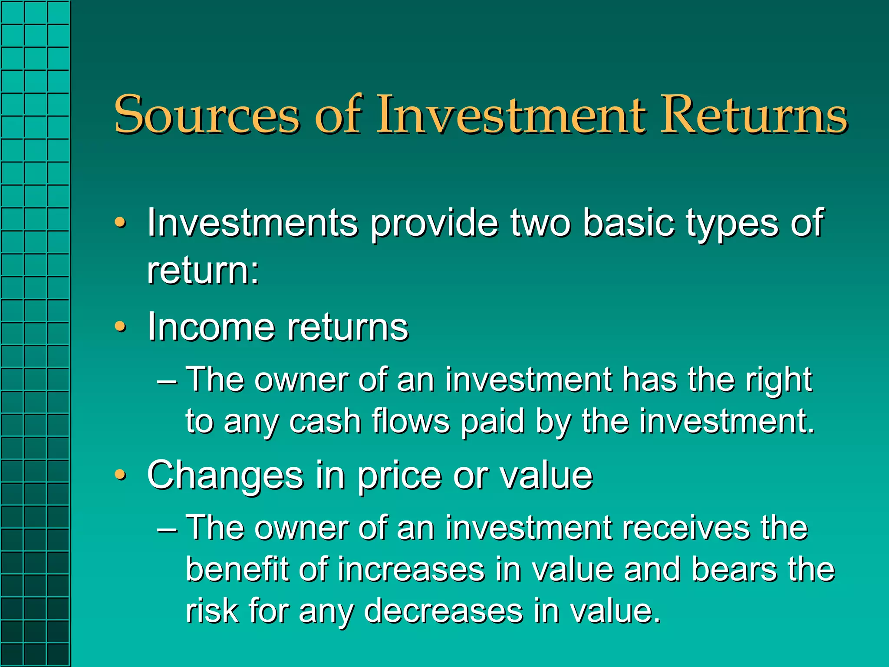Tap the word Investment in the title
(512, 115)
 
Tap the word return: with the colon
(203, 271)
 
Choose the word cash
(325, 421)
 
